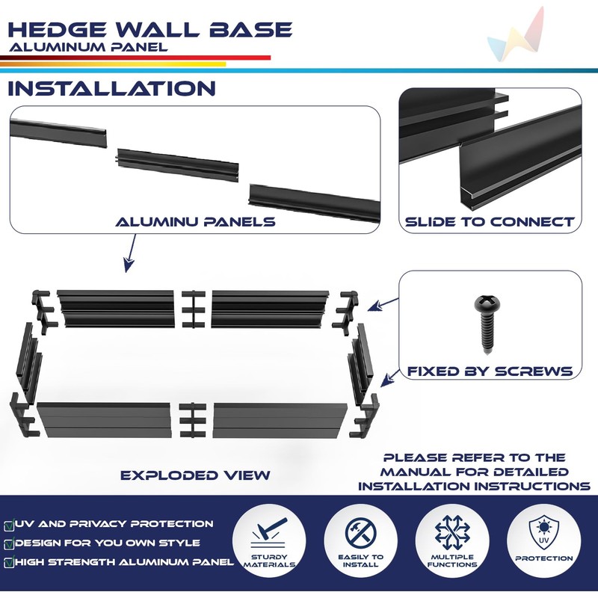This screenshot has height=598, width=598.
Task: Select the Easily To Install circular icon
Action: [361, 537]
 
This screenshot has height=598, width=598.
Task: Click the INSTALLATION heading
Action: [111, 88]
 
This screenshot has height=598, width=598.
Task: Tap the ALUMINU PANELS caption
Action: [195, 222]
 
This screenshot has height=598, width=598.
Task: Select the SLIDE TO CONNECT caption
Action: [490, 222]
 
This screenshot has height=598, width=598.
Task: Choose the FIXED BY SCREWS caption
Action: [490, 372]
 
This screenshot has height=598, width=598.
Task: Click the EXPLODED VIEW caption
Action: [195, 475]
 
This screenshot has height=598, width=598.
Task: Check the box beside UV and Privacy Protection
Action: [8, 525]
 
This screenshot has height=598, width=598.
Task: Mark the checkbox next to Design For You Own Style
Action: [8, 543]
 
